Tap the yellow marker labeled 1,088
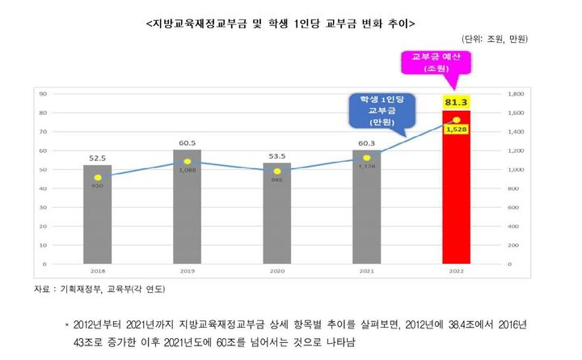pos(188,162)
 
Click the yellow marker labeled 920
pos(98,177)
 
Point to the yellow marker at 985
pos(276,172)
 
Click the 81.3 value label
pos(456,102)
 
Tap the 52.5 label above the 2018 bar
pos(98,159)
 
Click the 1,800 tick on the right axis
pos(516,94)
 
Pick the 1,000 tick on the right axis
pos(516,170)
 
